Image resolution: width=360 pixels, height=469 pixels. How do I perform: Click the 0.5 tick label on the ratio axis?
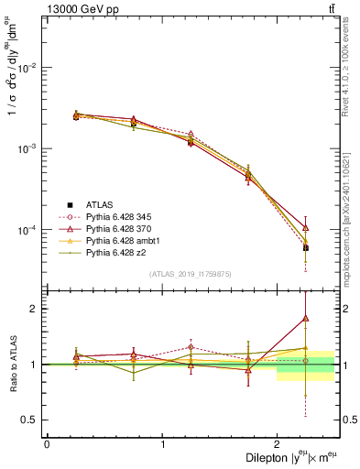tap(32, 420)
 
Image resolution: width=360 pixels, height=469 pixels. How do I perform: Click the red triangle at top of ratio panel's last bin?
tap(305, 318)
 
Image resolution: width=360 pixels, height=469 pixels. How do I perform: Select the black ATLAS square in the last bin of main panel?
tap(305, 247)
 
